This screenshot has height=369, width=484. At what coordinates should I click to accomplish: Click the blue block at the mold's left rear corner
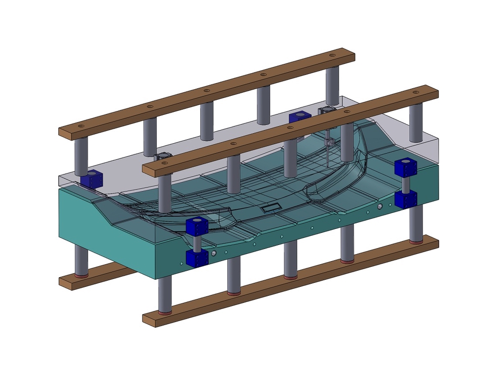(x=91, y=178)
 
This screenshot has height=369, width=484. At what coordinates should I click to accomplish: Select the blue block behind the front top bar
(x=298, y=117)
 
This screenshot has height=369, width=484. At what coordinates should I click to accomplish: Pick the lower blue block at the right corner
(x=405, y=199)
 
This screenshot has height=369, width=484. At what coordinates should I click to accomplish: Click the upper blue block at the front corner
(x=197, y=226)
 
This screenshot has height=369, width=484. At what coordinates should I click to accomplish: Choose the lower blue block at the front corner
(x=197, y=258)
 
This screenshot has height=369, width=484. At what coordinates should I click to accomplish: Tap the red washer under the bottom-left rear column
(x=81, y=275)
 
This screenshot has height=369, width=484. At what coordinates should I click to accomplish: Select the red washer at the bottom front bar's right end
(x=416, y=242)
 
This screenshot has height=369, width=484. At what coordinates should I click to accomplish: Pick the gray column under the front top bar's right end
(x=415, y=124)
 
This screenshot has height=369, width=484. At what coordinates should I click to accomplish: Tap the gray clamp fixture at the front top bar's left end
(x=162, y=158)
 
